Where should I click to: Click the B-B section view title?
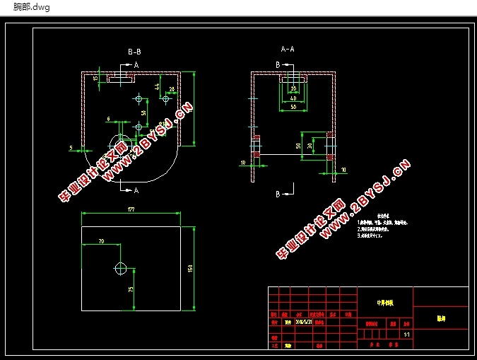(x=134, y=52)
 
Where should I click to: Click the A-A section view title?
(x=288, y=50)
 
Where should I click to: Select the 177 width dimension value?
(x=131, y=209)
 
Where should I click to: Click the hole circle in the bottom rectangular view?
(x=120, y=268)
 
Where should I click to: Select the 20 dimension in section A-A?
(x=293, y=88)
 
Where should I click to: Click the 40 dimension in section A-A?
(x=293, y=97)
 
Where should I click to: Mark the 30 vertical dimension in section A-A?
(x=299, y=146)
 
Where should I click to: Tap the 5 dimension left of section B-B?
(x=71, y=147)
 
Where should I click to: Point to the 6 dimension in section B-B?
(x=109, y=119)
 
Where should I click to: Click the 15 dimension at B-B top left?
(x=95, y=79)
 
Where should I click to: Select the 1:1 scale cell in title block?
(x=406, y=334)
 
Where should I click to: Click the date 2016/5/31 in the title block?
(x=307, y=320)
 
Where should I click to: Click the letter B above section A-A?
(x=278, y=64)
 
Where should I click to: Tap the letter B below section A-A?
(x=278, y=193)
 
